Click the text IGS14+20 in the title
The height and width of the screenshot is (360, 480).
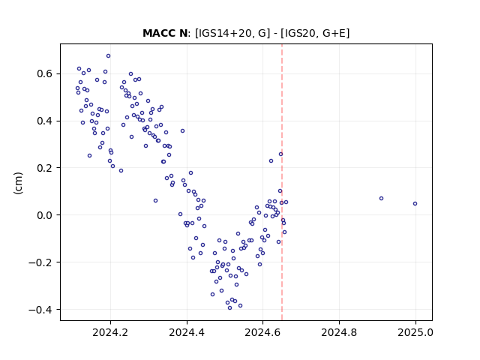221,33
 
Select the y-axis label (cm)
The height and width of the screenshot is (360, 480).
18,183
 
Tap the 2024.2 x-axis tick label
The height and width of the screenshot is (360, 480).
110,332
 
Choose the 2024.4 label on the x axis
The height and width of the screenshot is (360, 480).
187,332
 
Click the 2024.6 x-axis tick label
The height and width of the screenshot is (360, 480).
262,332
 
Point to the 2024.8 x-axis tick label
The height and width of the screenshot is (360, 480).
339,332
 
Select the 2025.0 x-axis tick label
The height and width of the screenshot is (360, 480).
415,332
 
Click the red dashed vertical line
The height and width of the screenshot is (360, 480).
282,182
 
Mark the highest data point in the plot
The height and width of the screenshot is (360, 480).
108,56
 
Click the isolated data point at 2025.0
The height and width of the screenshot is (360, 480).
415,203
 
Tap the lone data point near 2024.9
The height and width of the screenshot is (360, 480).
382,198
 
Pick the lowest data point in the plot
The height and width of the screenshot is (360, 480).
230,308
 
